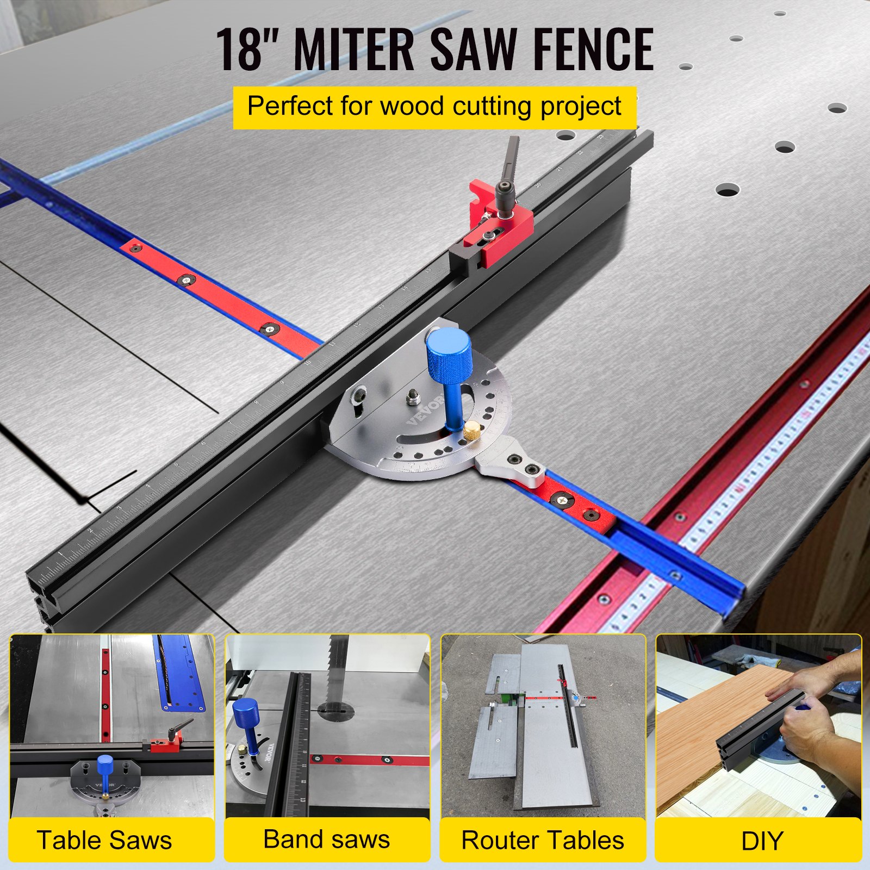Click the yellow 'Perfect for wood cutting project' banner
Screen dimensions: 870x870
click(x=434, y=107)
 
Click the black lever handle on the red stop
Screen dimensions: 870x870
click(x=510, y=163)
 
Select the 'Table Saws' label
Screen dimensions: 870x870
click(x=104, y=840)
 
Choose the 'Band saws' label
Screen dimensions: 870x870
click(x=326, y=839)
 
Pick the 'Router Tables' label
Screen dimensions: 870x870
click(x=543, y=840)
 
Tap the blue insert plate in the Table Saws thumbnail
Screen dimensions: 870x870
click(x=179, y=674)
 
